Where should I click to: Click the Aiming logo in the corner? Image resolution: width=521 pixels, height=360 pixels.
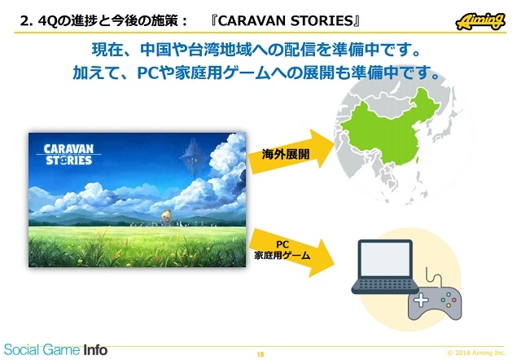(480, 21)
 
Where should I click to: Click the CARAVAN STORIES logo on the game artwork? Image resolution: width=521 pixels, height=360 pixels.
(68, 155)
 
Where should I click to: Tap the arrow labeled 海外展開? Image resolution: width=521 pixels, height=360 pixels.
(291, 152)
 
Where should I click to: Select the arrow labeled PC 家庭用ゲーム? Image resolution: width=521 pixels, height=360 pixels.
(291, 252)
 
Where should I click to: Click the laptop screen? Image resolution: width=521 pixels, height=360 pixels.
(385, 258)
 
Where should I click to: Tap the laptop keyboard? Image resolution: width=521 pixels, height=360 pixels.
(385, 285)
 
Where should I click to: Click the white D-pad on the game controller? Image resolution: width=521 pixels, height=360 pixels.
(421, 300)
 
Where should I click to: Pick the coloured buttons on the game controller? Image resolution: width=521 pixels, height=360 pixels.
(449, 300)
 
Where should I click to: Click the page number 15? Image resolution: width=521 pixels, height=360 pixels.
(260, 354)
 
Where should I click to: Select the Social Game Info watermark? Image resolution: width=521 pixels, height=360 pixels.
(55, 349)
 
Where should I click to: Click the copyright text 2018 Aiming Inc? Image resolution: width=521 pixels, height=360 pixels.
(476, 353)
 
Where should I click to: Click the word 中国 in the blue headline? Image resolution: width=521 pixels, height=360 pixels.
(156, 50)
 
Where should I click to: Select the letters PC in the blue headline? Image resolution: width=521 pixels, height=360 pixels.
(147, 73)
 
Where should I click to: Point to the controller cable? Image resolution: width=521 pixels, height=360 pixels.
(433, 276)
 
